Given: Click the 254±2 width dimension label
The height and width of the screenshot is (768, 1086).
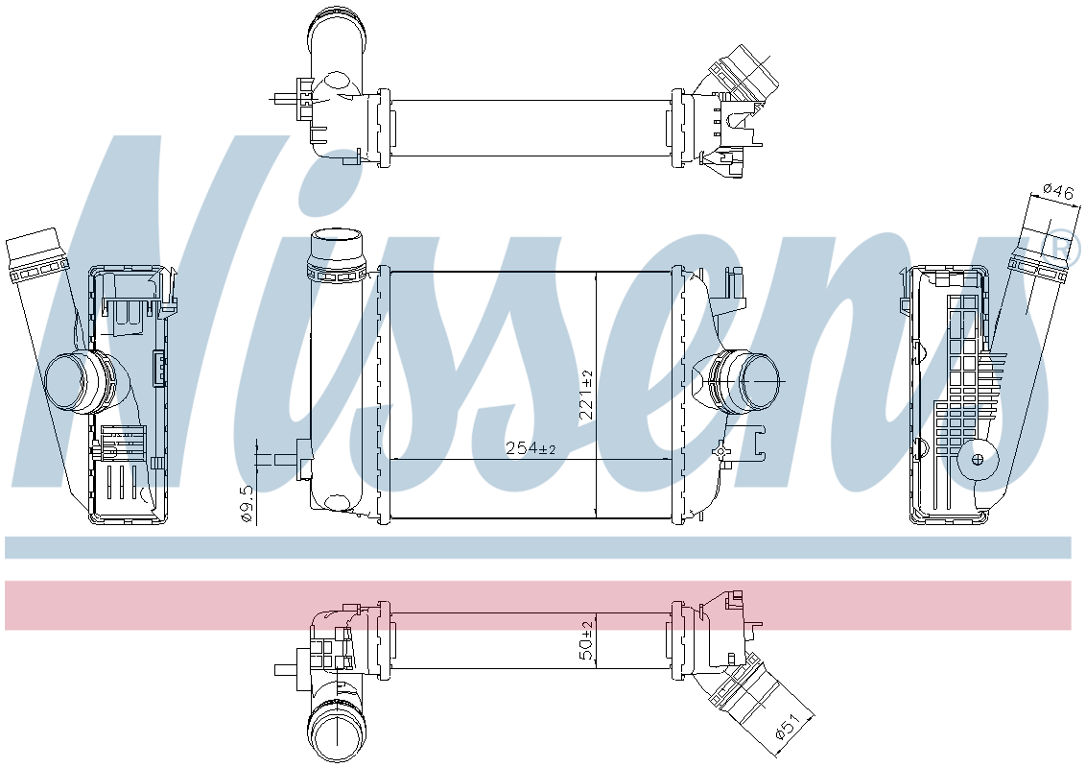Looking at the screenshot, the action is point(531,449).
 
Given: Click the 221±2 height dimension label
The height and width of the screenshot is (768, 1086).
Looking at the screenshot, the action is point(586,396).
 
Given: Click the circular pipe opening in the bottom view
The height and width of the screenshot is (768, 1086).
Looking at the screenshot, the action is point(335,732).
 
